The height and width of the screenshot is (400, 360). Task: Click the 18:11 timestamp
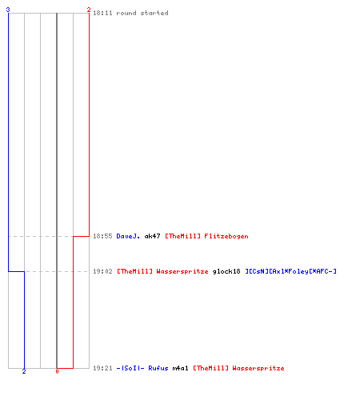(102, 13)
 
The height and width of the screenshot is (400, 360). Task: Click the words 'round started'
(142, 13)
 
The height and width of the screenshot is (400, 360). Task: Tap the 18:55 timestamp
(102, 236)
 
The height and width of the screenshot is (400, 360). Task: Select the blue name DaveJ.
(128, 236)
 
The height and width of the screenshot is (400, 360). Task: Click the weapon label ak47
(152, 236)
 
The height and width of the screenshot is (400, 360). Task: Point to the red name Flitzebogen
(226, 236)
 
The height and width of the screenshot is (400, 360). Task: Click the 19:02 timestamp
(102, 271)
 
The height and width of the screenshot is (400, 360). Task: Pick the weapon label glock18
(226, 271)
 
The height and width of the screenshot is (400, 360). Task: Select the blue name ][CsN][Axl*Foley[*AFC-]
(290, 271)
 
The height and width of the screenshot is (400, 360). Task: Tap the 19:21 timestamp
(102, 368)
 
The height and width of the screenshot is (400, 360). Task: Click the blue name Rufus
(158, 368)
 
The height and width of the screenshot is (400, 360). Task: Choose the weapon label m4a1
(180, 368)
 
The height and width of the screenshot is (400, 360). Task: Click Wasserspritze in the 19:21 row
(258, 368)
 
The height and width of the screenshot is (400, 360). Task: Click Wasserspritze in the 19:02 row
(182, 271)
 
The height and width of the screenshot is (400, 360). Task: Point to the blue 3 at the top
(8, 10)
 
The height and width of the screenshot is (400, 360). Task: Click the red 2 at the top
(89, 10)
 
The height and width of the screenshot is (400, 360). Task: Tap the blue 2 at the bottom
(24, 371)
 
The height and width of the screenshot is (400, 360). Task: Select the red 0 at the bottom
(57, 371)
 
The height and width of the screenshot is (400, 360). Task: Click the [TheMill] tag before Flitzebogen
(182, 236)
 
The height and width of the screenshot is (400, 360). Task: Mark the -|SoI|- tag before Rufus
(130, 368)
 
